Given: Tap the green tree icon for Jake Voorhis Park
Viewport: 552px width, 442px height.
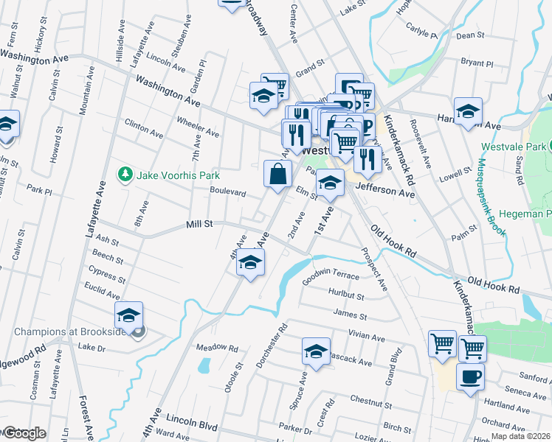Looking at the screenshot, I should (125, 175).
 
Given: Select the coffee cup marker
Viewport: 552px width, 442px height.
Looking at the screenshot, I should (470, 378).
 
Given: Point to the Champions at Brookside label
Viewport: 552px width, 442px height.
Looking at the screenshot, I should (66, 332).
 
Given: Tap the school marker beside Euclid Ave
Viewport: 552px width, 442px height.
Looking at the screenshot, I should (128, 317).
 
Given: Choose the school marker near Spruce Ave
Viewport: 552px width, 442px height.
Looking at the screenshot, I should (316, 351).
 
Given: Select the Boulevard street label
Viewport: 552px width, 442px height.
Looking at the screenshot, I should (227, 192).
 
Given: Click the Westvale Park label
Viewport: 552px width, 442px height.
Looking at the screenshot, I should (520, 147).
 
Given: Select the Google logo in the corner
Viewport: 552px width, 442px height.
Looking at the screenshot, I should (24, 433).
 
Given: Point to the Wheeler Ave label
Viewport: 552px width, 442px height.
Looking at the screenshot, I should (198, 127).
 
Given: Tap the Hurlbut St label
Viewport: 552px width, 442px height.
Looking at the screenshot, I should (346, 296).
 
